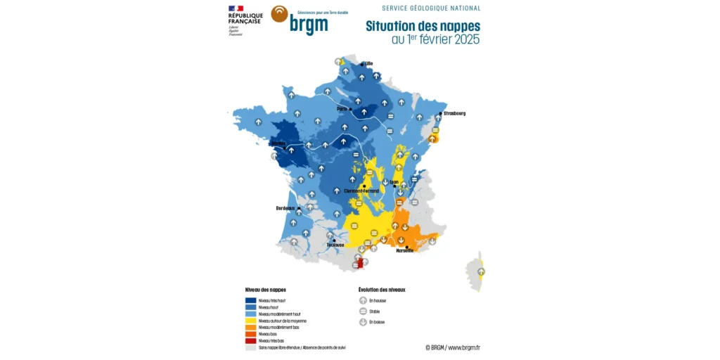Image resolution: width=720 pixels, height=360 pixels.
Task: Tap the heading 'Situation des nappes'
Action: click(x=423, y=26)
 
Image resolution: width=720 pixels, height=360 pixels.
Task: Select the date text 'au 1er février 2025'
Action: click(x=435, y=40)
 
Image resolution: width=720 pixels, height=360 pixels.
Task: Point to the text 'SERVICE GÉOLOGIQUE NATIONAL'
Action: click(x=431, y=8)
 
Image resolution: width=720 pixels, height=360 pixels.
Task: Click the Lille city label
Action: click(x=368, y=63)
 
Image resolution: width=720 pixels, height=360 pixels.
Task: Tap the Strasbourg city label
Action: click(x=454, y=113)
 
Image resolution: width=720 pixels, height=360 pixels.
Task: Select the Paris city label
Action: click(x=342, y=109)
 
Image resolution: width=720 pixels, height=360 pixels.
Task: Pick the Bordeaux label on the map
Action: click(x=285, y=208)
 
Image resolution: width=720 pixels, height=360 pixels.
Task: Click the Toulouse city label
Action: click(x=335, y=245)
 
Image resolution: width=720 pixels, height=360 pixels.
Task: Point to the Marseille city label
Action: click(x=405, y=250)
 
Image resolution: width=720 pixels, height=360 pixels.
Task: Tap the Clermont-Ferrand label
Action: click(x=361, y=191)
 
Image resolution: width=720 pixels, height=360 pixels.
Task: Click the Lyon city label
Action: click(x=394, y=182)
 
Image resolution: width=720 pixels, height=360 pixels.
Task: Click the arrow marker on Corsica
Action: click(x=481, y=271)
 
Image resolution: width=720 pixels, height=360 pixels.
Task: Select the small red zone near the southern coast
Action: click(x=360, y=264)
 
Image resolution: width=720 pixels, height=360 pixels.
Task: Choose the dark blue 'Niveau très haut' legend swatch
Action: click(x=250, y=300)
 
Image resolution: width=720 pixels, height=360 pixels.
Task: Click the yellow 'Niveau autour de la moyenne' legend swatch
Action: click(x=250, y=321)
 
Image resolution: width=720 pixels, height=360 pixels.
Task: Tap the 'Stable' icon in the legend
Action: click(x=363, y=311)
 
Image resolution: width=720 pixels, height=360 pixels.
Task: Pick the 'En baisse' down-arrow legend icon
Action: click(x=363, y=322)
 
